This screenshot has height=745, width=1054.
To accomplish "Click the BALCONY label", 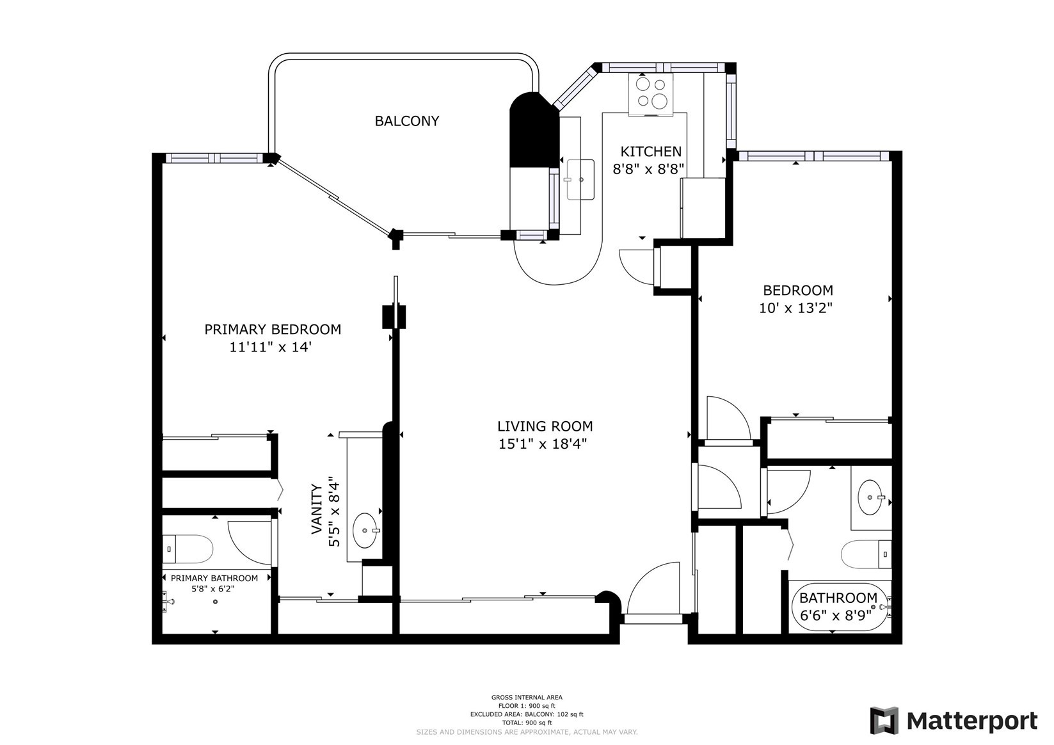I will (406, 121).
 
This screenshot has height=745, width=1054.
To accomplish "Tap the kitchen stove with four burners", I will (650, 93).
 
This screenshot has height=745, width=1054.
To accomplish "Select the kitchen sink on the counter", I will (580, 180).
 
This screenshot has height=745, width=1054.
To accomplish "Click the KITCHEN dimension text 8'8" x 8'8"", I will (649, 170).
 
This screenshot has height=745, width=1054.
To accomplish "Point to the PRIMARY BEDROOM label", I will (273, 329).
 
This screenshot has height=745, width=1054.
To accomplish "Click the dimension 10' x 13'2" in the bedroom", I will (795, 308).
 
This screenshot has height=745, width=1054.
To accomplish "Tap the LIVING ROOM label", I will (545, 426).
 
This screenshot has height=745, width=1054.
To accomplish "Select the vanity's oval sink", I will (365, 530).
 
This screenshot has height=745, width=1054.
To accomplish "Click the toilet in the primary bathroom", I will (187, 549).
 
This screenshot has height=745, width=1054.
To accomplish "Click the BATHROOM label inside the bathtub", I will (838, 598).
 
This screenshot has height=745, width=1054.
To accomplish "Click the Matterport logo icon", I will (884, 721).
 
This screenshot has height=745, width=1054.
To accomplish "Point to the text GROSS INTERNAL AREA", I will (527, 697).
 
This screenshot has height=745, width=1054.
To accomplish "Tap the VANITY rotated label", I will (316, 509).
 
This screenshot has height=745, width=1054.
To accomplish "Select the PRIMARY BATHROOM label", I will (214, 578).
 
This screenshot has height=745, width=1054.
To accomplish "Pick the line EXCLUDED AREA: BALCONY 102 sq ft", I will (527, 714).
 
